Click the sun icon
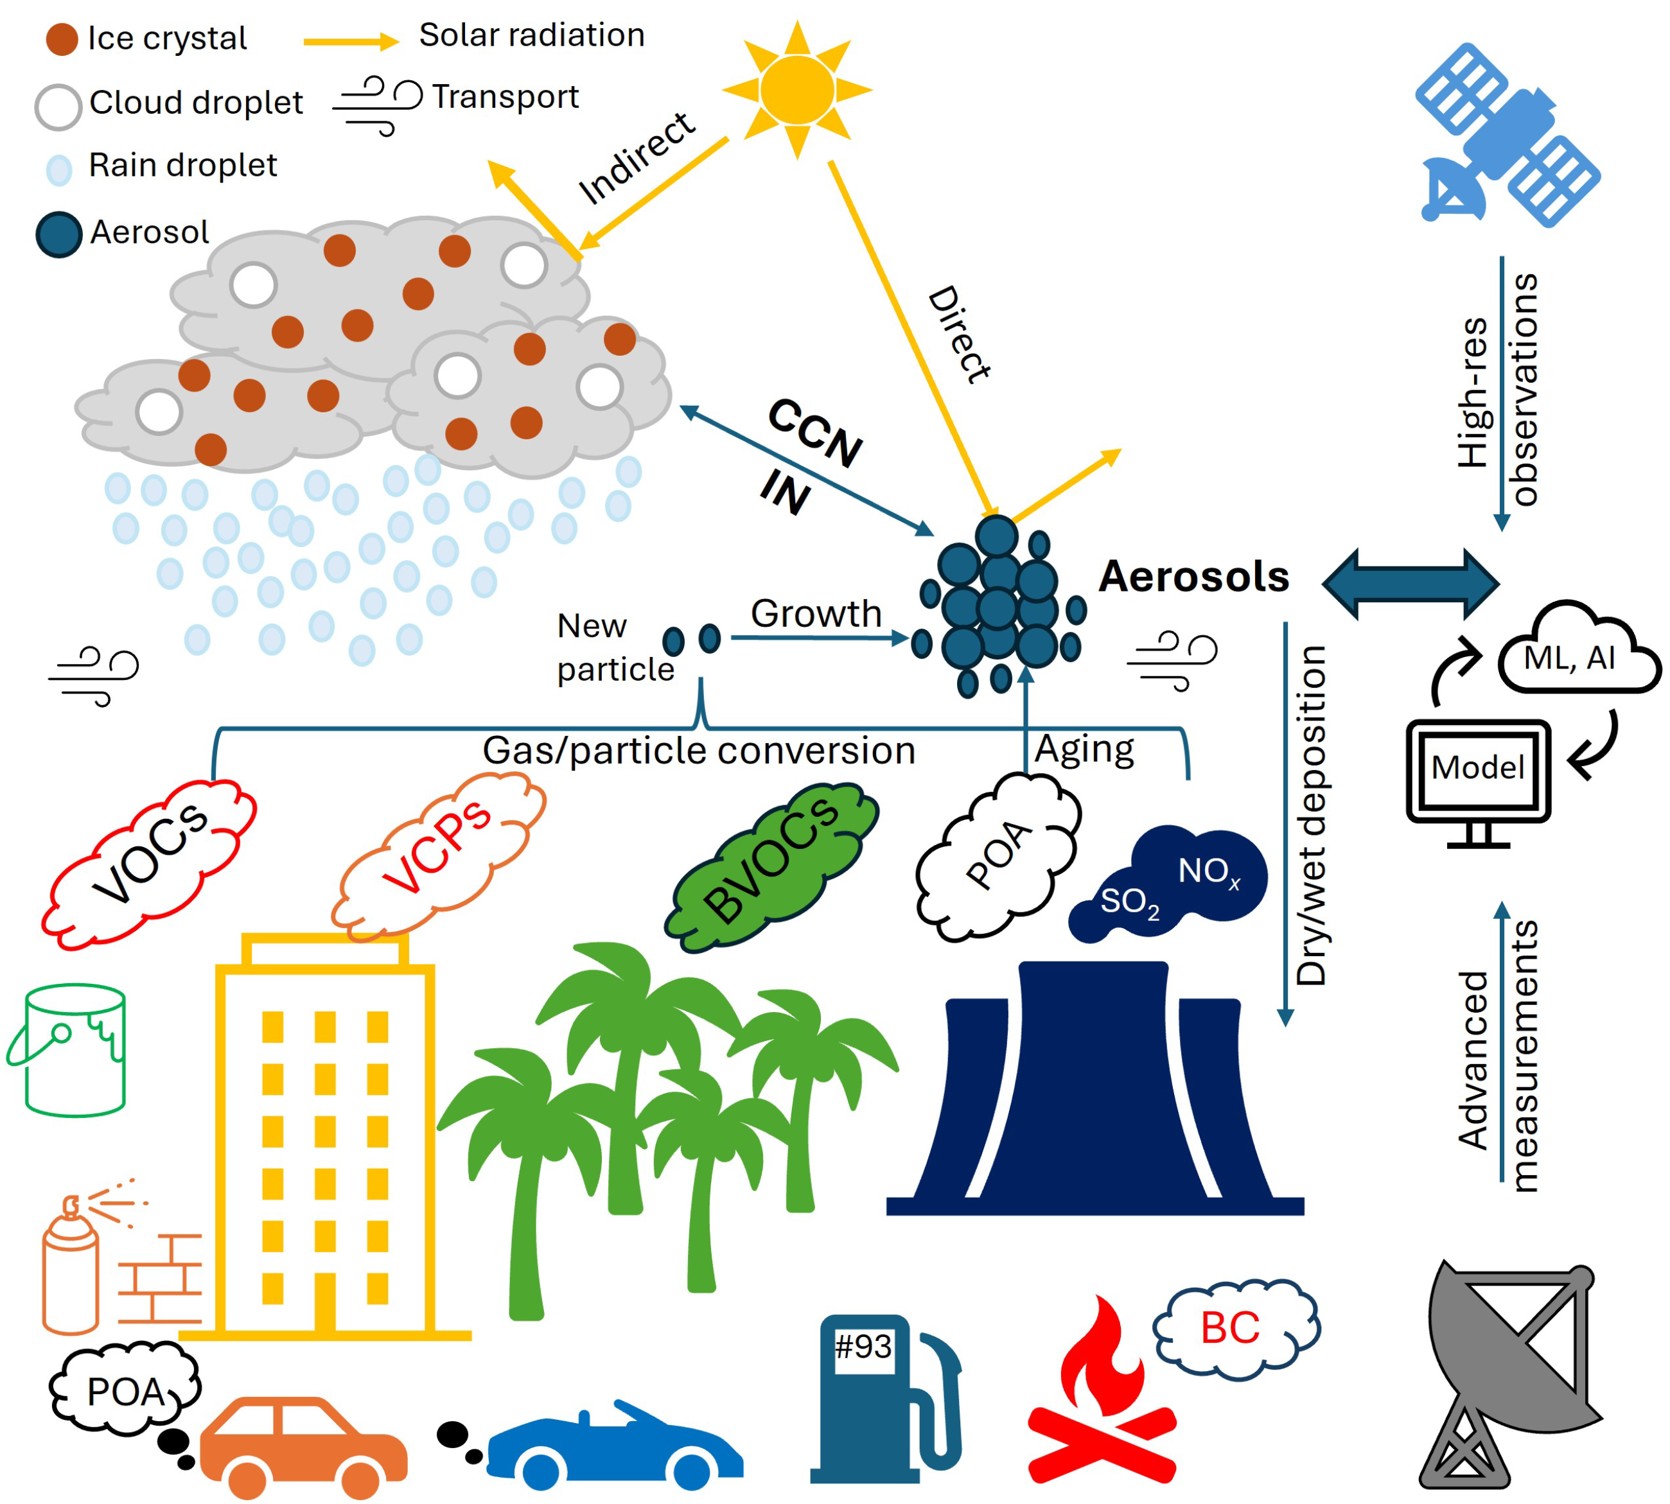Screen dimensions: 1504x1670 [796, 89]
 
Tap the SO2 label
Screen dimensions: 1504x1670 [1129, 902]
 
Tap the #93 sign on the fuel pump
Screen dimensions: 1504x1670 [863, 1348]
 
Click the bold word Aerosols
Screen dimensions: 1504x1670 [1193, 576]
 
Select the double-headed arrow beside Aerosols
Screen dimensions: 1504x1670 [1410, 583]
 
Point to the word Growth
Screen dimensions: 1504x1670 [816, 614]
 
